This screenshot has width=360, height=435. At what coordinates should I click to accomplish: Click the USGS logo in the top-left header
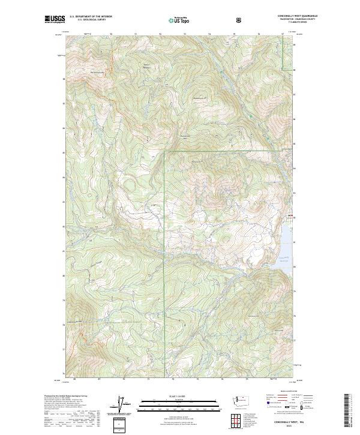[x=54, y=19]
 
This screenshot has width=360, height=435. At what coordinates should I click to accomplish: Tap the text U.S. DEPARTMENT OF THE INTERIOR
[x=91, y=17]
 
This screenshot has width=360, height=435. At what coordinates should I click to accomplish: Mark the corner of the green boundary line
[x=165, y=152]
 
